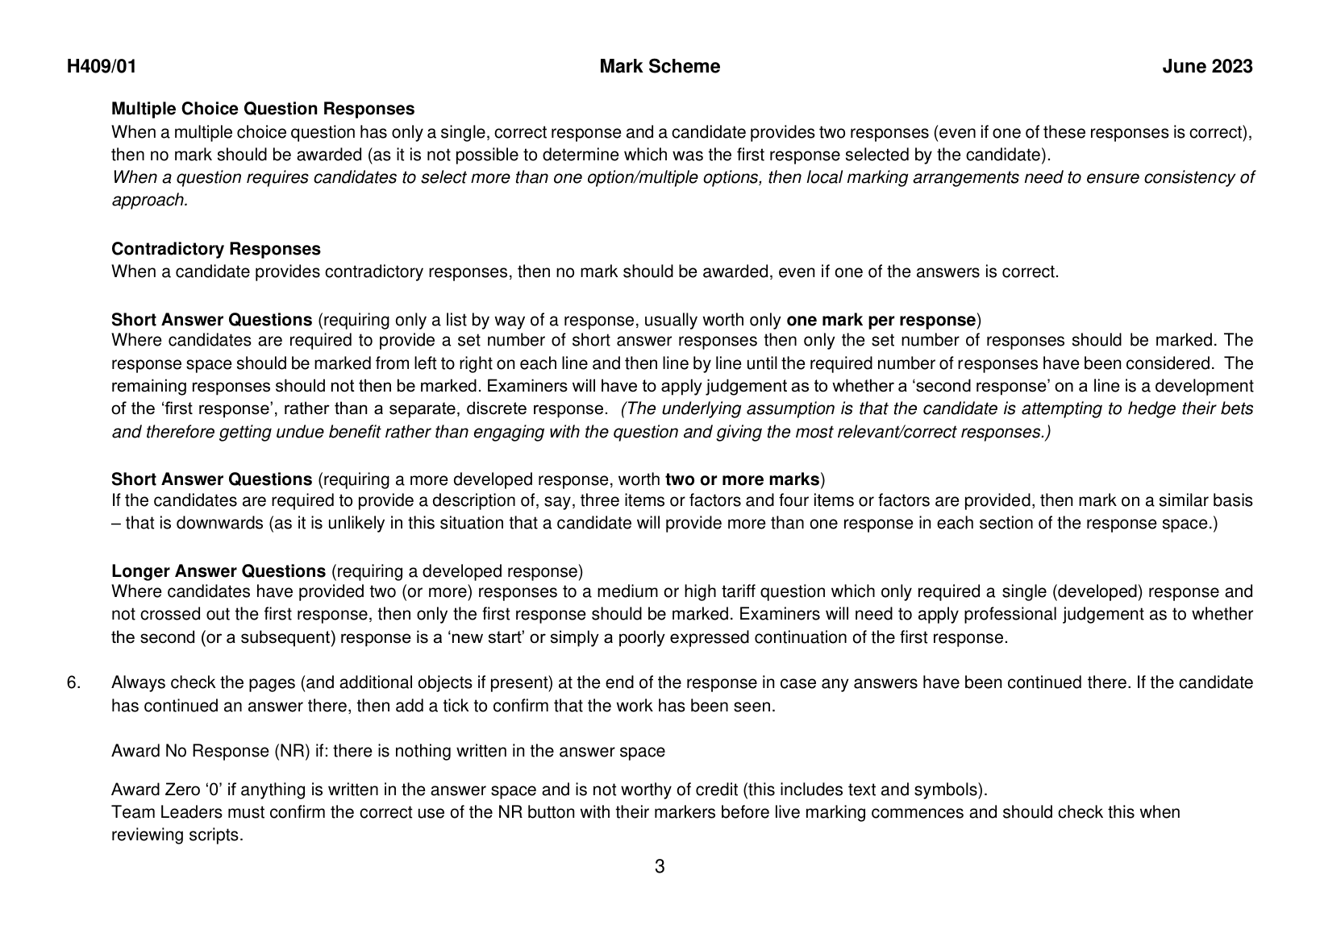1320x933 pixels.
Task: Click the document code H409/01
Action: (102, 67)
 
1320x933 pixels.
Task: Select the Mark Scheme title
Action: (660, 67)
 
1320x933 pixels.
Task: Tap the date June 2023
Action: (1207, 67)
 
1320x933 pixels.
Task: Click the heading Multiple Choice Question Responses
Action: (263, 109)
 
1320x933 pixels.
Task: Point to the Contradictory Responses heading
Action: (215, 249)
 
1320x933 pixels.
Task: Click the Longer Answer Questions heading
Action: (219, 571)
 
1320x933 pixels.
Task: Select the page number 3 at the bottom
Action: (660, 867)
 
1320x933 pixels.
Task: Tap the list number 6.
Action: (73, 683)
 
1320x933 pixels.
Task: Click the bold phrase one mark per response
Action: (881, 319)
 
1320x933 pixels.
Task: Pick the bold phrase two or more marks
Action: (742, 479)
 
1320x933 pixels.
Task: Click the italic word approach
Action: (148, 200)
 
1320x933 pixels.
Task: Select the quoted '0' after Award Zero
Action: (212, 790)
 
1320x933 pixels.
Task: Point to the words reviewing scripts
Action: (177, 835)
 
